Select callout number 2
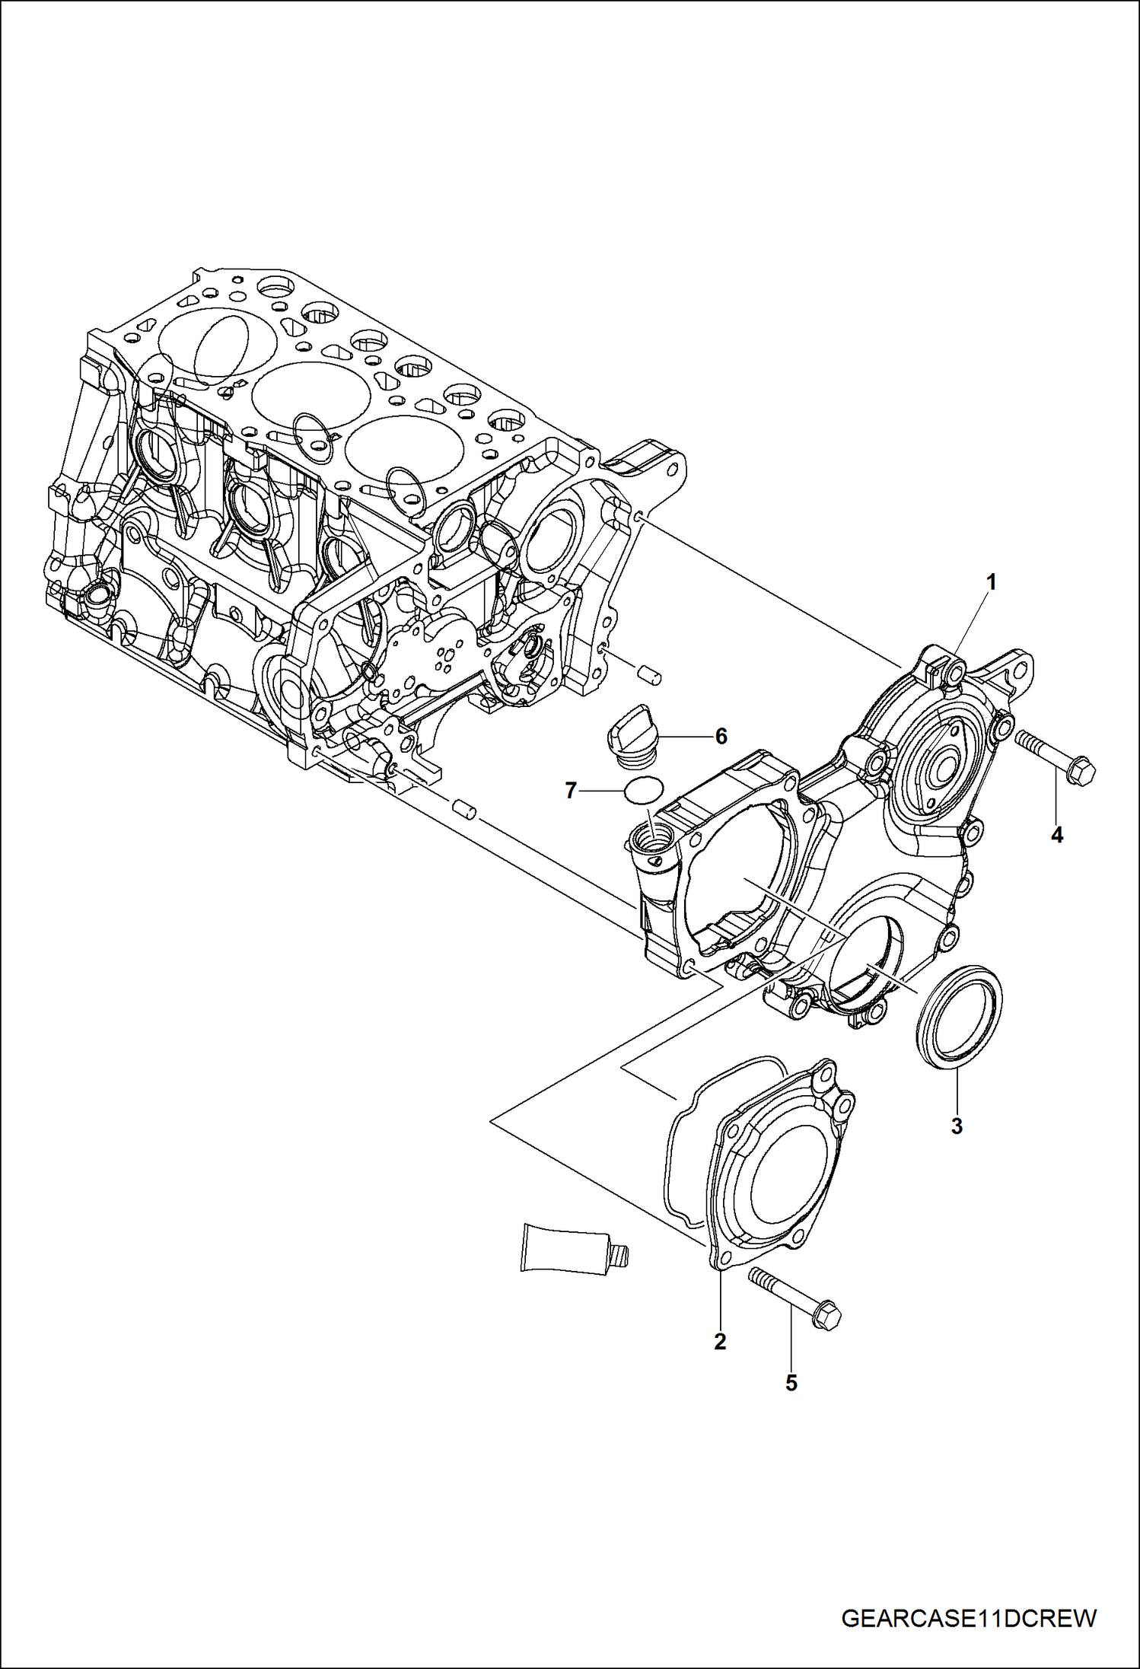point(720,1341)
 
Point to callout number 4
point(1057,835)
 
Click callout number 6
point(721,736)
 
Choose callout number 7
point(571,791)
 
